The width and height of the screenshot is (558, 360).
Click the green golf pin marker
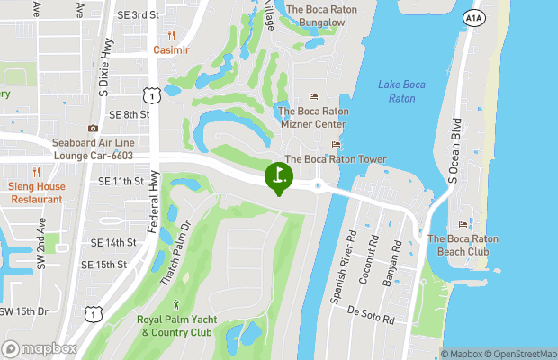coord(279,175)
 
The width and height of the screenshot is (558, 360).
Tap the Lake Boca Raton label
coord(402,91)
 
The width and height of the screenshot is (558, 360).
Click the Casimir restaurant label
coord(171,50)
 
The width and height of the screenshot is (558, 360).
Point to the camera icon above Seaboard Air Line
coord(93,129)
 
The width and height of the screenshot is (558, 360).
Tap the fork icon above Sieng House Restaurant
coord(37,172)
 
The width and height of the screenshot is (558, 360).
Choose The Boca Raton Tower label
coord(336,159)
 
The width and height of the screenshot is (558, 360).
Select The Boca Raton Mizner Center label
coord(313,118)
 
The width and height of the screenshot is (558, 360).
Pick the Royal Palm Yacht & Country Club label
coord(176,326)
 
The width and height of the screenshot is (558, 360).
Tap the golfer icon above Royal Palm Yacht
coord(176,304)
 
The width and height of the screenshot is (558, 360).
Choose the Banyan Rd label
coord(390,262)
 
